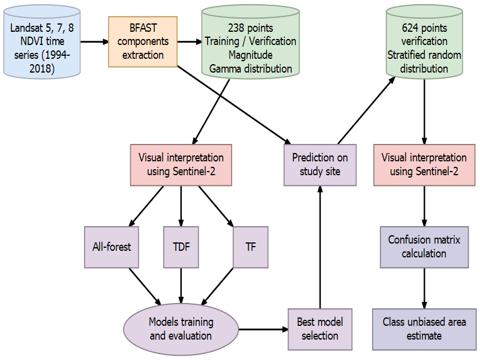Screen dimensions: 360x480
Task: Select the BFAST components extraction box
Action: [x=143, y=41]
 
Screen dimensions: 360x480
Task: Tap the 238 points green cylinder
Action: [x=250, y=49]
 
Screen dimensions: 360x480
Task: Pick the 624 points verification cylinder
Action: [x=424, y=49]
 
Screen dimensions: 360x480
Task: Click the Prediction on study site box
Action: [x=320, y=164]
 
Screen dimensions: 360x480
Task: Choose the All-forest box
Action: [x=112, y=246]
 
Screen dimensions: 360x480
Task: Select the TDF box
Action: [x=181, y=246]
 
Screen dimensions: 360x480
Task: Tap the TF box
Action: [x=250, y=246]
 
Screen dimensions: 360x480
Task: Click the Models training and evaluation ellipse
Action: [x=181, y=329]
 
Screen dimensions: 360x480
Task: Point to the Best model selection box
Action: [x=320, y=329]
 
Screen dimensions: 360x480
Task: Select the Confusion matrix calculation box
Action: [x=424, y=246]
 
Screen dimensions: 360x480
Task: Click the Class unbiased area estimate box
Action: [x=424, y=329]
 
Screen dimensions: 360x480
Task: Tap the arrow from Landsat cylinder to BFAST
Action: [x=94, y=42]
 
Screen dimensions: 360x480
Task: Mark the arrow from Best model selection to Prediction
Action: [x=320, y=246]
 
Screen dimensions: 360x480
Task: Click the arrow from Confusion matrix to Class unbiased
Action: [x=424, y=288]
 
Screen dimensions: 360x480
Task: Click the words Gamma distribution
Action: [x=250, y=68]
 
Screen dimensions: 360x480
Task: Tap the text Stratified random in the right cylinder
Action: [x=424, y=55]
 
